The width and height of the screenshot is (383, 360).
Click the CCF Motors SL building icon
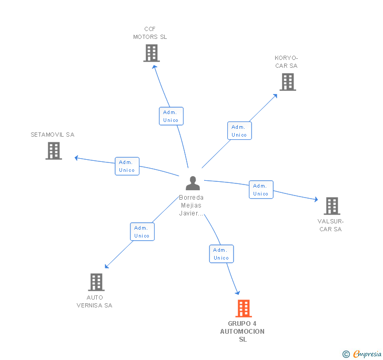(x=151, y=53)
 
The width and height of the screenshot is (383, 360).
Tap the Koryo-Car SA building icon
(x=287, y=82)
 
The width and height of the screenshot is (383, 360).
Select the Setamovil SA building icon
(x=54, y=151)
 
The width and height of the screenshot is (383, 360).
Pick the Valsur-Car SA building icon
(x=331, y=206)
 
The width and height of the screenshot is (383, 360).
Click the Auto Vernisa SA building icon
(x=96, y=282)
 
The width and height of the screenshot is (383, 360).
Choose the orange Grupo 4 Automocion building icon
(x=243, y=308)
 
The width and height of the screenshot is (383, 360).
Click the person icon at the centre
(x=193, y=183)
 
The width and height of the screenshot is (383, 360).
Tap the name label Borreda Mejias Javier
(x=191, y=205)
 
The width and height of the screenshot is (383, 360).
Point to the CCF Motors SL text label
(x=150, y=33)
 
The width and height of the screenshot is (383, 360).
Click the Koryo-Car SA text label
(x=286, y=62)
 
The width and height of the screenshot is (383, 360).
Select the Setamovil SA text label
(x=53, y=135)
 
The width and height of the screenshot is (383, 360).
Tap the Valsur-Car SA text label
(x=330, y=225)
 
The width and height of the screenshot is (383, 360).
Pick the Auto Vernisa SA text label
(x=95, y=301)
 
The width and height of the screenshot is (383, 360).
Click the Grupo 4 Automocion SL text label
(x=243, y=332)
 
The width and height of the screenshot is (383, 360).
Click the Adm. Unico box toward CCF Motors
(x=171, y=116)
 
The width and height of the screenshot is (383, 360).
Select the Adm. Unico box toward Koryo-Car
(x=239, y=131)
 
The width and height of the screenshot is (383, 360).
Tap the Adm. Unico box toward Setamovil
(x=127, y=166)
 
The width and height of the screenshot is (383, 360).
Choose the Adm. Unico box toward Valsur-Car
(x=261, y=190)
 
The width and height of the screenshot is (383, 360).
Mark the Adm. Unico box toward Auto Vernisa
(x=142, y=232)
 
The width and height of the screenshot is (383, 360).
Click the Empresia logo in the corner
(x=362, y=354)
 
